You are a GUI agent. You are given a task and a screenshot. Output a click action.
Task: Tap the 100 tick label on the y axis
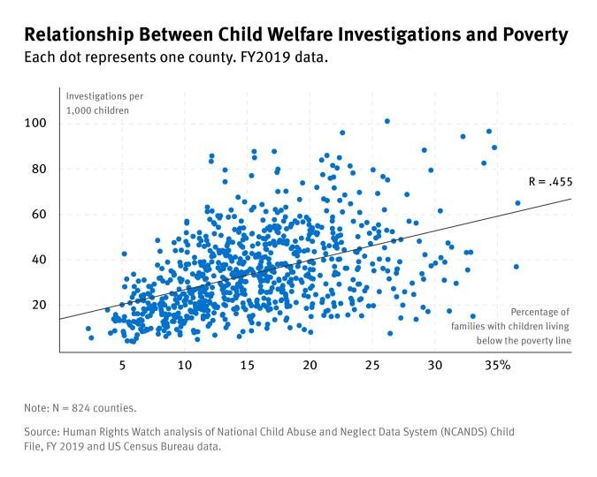point(35,123)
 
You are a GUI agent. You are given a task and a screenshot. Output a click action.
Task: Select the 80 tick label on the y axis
point(38,169)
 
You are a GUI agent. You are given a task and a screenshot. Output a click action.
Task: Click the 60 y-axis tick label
point(38,214)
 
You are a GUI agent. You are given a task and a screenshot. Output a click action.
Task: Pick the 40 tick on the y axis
point(38,260)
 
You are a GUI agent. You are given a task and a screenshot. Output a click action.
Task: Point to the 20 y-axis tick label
point(38,305)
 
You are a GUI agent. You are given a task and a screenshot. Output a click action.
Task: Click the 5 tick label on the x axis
point(122,365)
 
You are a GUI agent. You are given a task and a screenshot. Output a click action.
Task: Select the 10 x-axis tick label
point(184,365)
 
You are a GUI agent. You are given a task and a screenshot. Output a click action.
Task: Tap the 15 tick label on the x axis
point(247,365)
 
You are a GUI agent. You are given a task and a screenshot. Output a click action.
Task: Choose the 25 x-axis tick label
point(371,365)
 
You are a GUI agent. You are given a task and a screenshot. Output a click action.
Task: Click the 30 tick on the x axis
point(434,365)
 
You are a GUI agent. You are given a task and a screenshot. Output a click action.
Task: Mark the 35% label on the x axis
point(499,365)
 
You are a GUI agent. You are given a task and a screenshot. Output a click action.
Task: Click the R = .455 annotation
point(549,182)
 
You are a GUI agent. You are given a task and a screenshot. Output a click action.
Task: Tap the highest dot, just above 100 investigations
point(387,121)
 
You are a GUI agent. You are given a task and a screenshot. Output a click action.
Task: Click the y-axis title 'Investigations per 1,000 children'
point(105,102)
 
